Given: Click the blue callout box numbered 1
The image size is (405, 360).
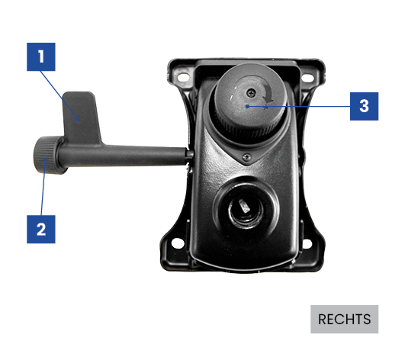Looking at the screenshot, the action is (x=41, y=56).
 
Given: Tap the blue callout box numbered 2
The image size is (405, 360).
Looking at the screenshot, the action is (x=41, y=230).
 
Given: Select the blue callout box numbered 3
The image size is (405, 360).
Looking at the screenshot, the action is (x=364, y=107).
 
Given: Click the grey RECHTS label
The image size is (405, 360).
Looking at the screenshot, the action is (x=344, y=320).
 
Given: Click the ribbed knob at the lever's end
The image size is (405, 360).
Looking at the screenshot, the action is (x=47, y=155).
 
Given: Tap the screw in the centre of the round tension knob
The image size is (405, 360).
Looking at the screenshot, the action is (x=251, y=92).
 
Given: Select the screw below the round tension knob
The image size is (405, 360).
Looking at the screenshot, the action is (x=247, y=157).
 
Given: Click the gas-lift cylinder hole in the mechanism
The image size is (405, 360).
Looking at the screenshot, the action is (x=246, y=210).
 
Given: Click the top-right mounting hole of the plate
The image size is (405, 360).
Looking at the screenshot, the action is (x=307, y=78).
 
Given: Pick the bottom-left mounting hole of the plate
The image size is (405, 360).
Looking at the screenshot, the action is (x=177, y=243).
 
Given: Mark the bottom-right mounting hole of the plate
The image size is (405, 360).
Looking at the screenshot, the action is (x=307, y=243).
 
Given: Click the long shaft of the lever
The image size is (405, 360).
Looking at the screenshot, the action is (x=124, y=155).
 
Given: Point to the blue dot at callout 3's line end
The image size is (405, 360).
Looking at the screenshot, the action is (x=247, y=106).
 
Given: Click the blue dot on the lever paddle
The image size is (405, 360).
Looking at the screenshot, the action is (x=78, y=119).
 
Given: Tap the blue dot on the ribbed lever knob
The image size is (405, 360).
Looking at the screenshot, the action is (x=46, y=159).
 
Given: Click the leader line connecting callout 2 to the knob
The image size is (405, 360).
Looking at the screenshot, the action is (x=43, y=188).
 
